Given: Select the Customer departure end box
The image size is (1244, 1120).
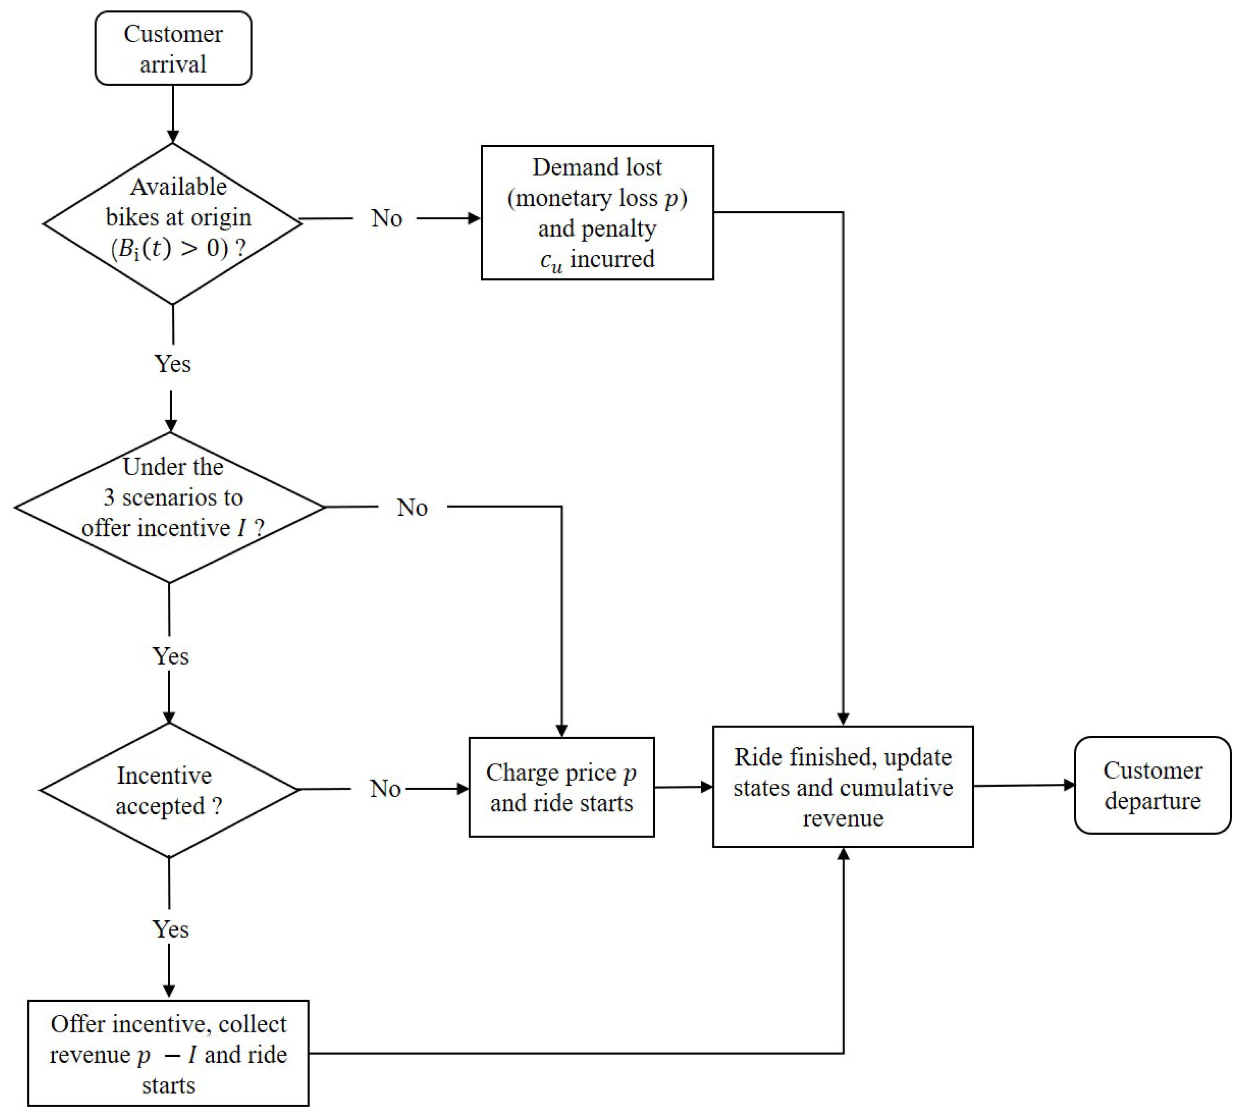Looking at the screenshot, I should coord(1152,785).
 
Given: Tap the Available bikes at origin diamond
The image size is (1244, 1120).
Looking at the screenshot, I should coord(173,223).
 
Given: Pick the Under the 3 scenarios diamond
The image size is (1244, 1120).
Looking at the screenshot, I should coord(169,508).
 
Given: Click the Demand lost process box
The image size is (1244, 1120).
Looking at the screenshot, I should coord(597,212).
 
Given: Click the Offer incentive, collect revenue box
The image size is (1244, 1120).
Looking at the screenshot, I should coord(168,1054).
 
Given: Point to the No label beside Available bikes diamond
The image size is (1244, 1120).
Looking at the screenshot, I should coord(386,218).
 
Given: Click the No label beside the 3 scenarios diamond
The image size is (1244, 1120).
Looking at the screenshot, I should coord(412,508).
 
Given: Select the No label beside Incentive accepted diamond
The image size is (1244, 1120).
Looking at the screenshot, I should coord(385,789).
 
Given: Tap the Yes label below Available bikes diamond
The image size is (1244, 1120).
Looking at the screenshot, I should coord(173,364).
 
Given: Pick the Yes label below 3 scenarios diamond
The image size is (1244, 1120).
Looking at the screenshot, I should coord(170,656).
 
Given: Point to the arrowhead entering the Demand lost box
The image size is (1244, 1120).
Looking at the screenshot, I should coord(475,218).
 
